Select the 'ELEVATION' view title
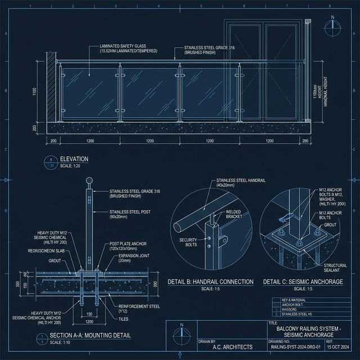(74, 160)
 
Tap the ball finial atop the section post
(88, 181)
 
